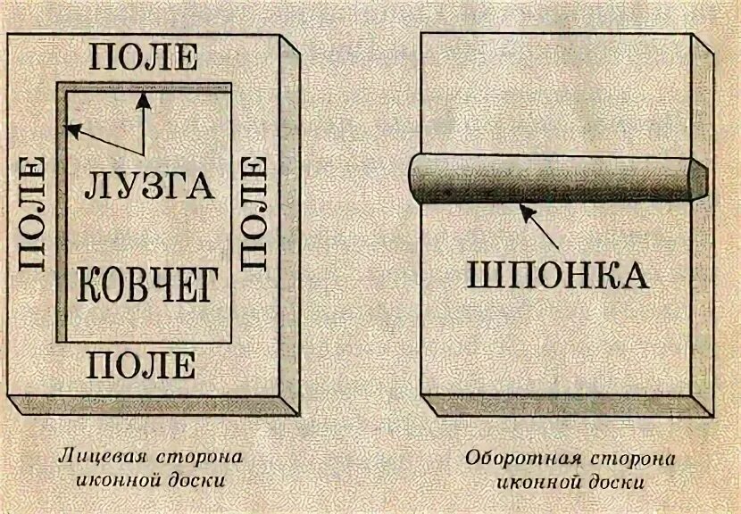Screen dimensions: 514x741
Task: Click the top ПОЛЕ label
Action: click(145, 57)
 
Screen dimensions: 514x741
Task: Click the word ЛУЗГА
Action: click(152, 186)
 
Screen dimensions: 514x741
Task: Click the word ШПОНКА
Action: click(558, 275)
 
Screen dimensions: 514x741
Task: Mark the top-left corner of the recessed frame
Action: click(58, 86)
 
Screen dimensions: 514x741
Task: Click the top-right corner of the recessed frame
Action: click(232, 86)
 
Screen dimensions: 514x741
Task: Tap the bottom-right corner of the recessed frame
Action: click(232, 342)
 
